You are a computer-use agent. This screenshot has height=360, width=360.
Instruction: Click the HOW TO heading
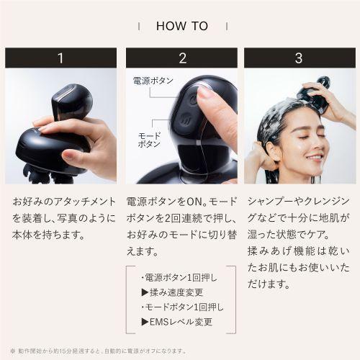point(181,26)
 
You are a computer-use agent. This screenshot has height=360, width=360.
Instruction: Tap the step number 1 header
point(60,58)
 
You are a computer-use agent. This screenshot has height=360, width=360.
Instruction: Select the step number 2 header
point(181,58)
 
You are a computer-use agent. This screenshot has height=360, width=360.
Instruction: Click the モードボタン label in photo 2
point(149,140)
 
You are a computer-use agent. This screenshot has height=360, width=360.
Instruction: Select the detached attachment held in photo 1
point(72,102)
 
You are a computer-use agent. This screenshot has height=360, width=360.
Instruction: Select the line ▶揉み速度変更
point(171,292)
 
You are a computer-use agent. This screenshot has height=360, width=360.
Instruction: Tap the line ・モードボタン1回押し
point(180,307)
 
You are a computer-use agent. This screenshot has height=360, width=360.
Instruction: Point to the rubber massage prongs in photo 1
point(40,173)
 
